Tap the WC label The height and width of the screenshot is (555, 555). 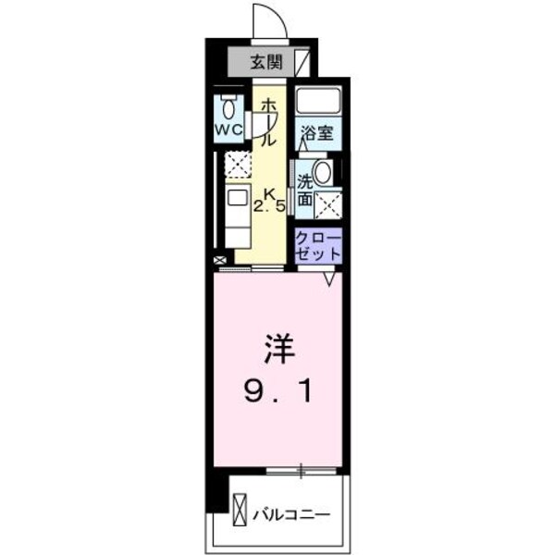229,130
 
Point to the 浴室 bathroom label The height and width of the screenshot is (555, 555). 317,131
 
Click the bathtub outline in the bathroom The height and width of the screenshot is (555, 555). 318,103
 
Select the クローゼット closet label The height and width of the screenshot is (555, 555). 318,245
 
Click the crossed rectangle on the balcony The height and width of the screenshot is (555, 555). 240,512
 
